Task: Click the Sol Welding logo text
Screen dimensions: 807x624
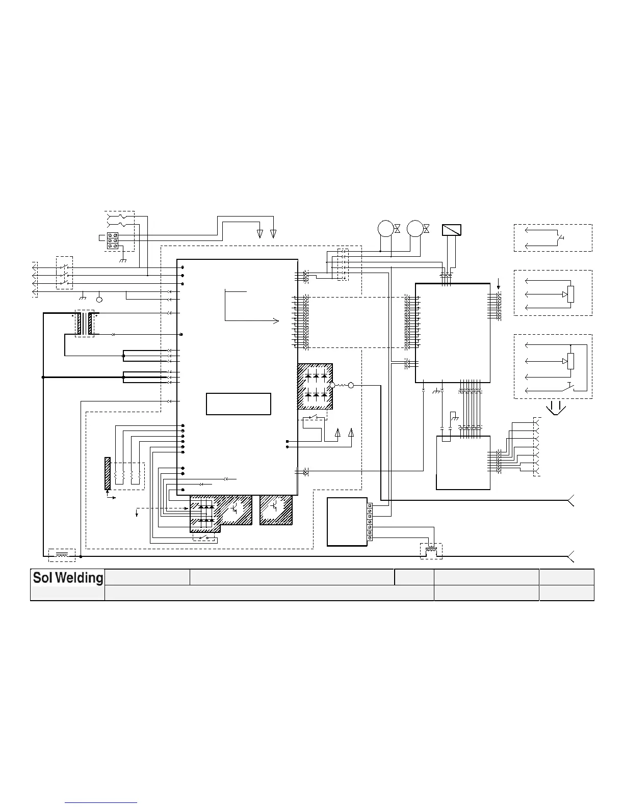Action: [68, 578]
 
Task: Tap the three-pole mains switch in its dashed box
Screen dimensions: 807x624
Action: [64, 273]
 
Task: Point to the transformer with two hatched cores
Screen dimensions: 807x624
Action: [85, 324]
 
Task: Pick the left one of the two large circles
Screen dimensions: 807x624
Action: [385, 228]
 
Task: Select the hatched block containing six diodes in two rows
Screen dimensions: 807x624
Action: [316, 386]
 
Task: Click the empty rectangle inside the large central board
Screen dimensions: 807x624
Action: [238, 404]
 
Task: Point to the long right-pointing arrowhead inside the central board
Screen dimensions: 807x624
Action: [276, 320]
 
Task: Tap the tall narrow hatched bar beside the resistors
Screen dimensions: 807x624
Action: [108, 473]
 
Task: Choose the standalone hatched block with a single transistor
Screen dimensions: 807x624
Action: [276, 509]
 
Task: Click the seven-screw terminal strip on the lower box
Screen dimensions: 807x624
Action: [370, 522]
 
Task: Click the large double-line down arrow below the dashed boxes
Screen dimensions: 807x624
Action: [556, 408]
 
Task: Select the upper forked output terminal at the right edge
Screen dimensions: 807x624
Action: [571, 501]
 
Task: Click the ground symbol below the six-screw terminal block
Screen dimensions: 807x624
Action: [122, 260]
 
